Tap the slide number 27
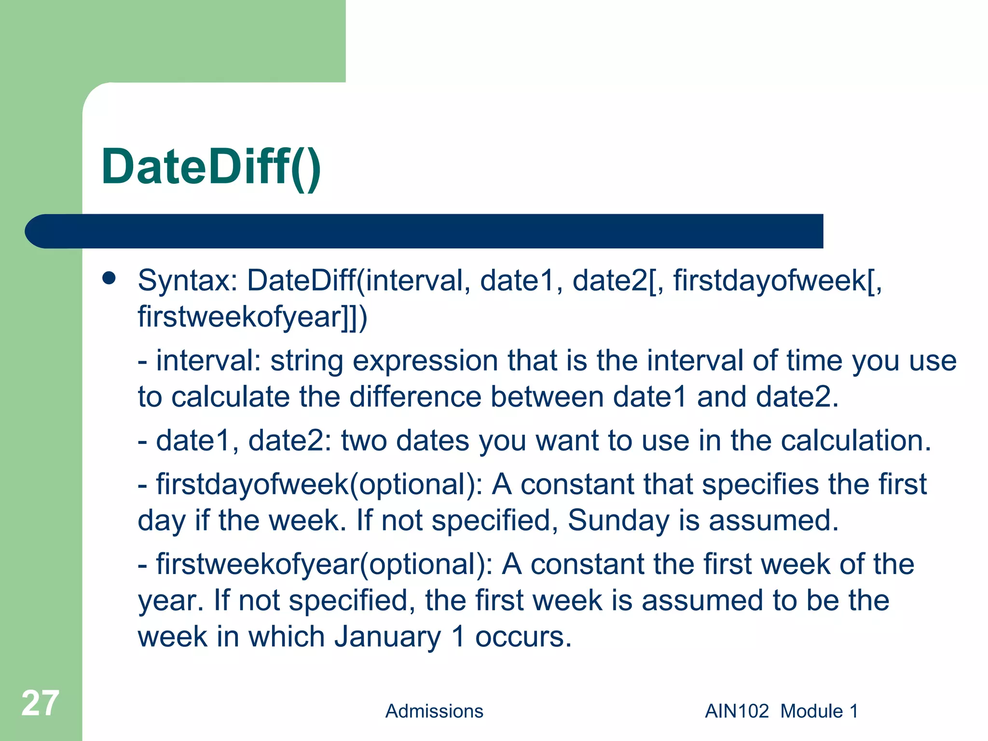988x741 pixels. point(40,703)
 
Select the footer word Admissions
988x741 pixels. point(434,711)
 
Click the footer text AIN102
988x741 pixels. point(737,711)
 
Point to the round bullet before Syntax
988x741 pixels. point(110,278)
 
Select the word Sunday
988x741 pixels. point(618,520)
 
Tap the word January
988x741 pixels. point(387,636)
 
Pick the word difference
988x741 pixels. point(415,397)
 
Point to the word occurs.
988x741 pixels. point(523,636)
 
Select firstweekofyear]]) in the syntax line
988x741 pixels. point(252,317)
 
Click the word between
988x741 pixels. point(547,397)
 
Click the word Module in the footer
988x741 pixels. point(811,711)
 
